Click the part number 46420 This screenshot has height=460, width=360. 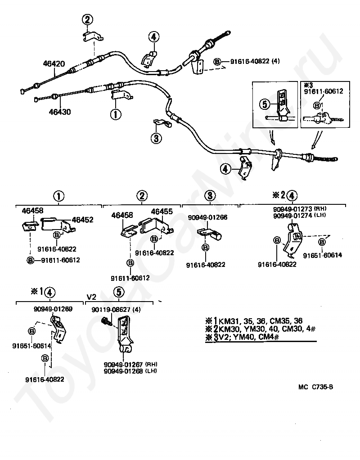tap(54, 63)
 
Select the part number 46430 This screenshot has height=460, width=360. tap(60, 112)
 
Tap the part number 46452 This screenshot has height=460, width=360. tap(82, 220)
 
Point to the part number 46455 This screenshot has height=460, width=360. tap(162, 212)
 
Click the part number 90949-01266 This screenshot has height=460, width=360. tap(208, 217)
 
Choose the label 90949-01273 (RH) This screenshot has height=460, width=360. tap(300, 209)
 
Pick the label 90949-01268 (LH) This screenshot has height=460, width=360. tap(130, 371)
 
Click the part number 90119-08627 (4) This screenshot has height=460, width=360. tap(116, 310)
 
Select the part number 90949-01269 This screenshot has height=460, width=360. tap(53, 309)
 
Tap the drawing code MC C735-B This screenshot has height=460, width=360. tap(316, 387)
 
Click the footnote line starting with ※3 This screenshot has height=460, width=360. tap(242, 337)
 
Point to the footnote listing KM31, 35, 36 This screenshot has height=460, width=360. tap(254, 320)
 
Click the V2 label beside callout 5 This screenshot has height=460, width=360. tap(91, 297)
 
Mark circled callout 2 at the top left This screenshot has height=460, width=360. tap(87, 20)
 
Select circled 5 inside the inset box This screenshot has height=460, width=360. tap(265, 104)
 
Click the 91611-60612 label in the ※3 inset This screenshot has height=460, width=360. tap(324, 91)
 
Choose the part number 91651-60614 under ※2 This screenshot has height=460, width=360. tap(323, 255)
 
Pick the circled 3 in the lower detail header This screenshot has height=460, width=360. tap(210, 196)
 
